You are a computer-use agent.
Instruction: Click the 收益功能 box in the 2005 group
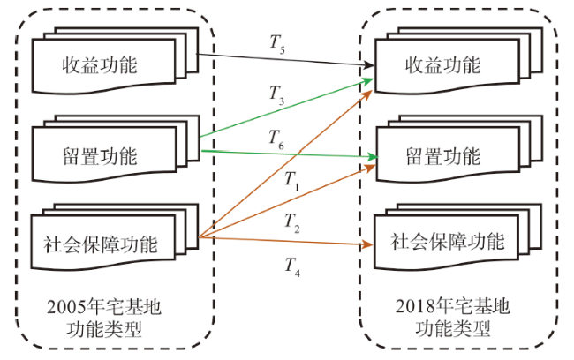[x=103, y=66]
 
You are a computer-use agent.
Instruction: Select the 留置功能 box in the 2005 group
[x=103, y=157]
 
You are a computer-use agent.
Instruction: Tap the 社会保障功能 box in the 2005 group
[x=103, y=243]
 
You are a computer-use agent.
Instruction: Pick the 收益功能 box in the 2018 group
[x=442, y=66]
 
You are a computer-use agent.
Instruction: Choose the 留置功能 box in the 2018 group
[x=442, y=157]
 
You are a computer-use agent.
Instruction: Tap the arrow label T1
[x=292, y=180]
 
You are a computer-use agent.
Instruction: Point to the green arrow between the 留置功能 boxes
[x=283, y=154]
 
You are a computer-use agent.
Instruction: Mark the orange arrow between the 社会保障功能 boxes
[x=283, y=241]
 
